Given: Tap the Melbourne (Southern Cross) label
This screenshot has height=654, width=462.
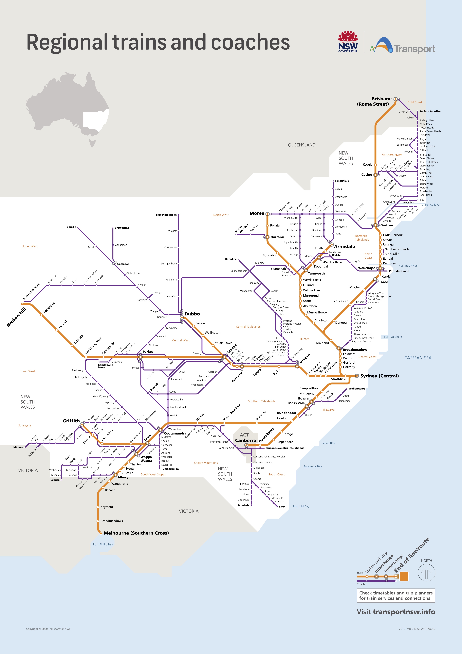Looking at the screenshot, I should (136, 533).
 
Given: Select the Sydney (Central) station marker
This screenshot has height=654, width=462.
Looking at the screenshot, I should (357, 376).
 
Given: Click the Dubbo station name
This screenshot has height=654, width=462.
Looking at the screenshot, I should (192, 314).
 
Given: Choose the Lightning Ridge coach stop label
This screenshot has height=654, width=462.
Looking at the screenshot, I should (166, 215).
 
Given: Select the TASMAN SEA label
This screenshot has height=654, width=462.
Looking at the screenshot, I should (418, 358).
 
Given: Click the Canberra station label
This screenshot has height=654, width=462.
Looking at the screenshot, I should (245, 440).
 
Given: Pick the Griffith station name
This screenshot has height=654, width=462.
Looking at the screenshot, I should (71, 421).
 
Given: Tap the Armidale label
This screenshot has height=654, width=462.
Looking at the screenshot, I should (344, 246).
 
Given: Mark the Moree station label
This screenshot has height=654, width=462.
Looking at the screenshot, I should (257, 213).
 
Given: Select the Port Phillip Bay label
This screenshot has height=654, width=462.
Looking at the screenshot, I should (103, 544).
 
